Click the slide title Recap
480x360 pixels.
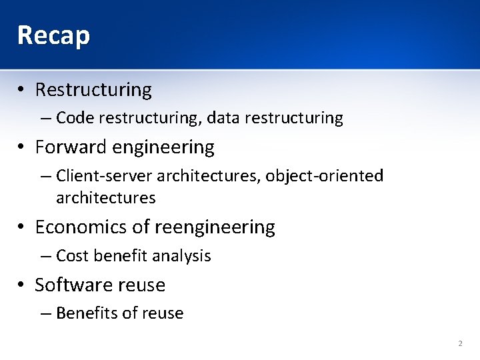coord(53,35)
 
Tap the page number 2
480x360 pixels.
coord(460,343)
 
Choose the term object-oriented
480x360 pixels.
coord(325,176)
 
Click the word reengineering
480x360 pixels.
coord(215,227)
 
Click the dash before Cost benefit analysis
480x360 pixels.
coord(45,256)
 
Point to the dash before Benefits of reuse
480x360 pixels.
coord(45,313)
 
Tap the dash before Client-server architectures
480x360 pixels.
coord(45,176)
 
